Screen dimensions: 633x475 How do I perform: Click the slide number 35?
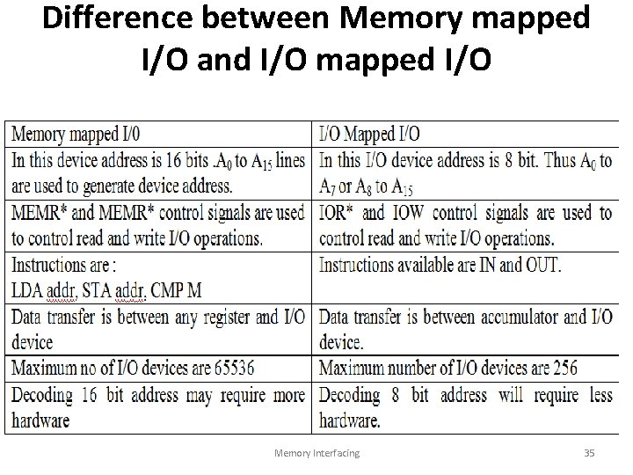(x=589, y=452)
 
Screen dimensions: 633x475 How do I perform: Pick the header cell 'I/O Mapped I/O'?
(x=369, y=134)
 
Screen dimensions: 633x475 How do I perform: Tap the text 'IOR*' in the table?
(x=338, y=213)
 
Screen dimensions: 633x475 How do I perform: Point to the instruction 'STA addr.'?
(x=113, y=291)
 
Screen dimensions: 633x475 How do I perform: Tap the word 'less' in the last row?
(x=597, y=394)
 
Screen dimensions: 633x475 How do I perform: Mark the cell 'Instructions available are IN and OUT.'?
(x=440, y=265)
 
